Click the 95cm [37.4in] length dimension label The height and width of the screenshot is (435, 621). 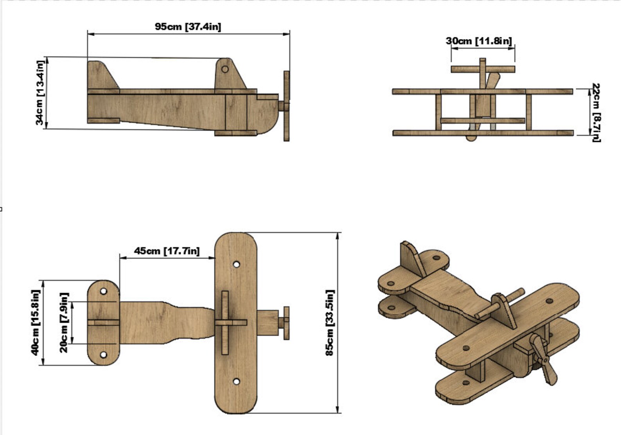[x=188, y=27]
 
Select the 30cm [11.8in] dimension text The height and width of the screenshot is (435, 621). [x=479, y=41]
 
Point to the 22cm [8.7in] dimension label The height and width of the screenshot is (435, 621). [x=596, y=113]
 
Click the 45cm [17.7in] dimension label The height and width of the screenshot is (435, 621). [x=167, y=251]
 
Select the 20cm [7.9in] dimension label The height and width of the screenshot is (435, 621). [x=64, y=322]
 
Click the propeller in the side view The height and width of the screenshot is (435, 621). [x=287, y=106]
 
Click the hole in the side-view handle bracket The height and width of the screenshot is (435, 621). [x=225, y=69]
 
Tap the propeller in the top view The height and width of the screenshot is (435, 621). [x=287, y=323]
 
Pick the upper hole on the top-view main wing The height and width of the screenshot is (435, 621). [x=236, y=265]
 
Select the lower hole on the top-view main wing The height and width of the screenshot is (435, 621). [x=236, y=381]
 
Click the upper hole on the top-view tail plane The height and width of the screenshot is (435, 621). [x=103, y=291]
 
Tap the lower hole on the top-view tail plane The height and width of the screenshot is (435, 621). [x=103, y=355]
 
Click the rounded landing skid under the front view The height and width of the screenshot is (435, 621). [x=471, y=138]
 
